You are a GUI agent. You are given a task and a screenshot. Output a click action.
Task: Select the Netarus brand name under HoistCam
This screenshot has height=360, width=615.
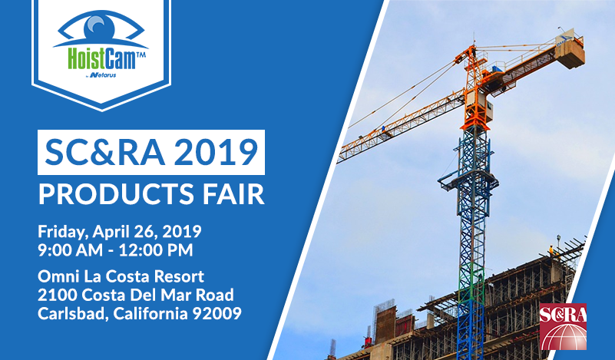103,75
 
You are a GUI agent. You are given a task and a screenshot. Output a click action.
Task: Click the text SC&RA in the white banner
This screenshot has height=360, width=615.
104,152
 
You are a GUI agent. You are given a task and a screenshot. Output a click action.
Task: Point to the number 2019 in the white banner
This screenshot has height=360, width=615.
216,152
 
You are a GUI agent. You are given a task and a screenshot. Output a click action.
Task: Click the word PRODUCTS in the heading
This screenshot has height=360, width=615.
116,194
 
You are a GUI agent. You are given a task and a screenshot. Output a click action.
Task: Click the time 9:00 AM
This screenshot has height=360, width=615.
70,250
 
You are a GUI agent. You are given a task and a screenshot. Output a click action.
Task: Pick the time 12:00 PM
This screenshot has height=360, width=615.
156,250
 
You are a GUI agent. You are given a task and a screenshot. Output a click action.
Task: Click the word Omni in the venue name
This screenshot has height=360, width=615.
58,276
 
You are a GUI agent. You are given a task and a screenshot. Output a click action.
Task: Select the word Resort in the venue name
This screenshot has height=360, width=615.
179,276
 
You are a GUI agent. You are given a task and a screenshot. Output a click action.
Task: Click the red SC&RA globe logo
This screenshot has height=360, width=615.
563,326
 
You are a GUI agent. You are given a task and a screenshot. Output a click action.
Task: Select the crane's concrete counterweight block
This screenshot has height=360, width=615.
570,54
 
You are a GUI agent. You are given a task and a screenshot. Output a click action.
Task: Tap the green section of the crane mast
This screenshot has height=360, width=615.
471,281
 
